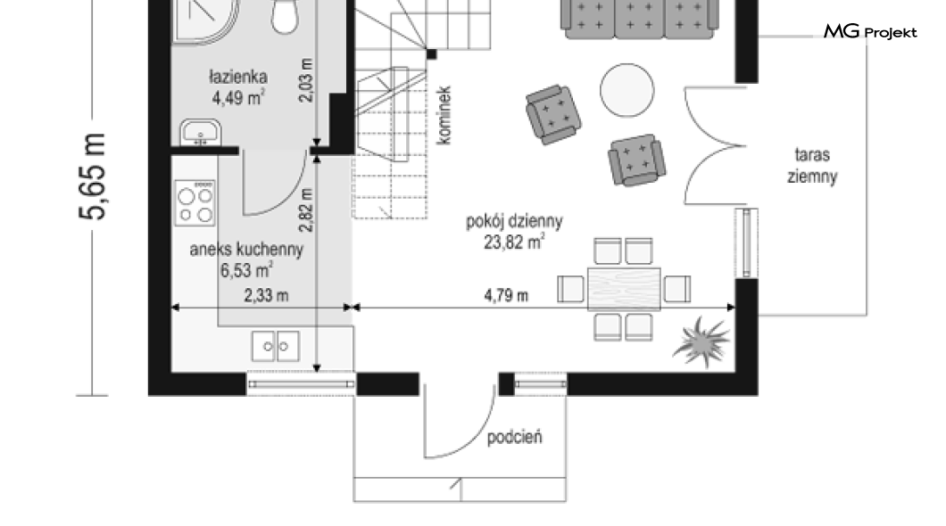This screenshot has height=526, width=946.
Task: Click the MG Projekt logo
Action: (x=870, y=31)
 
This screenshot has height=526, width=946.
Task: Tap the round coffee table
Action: (x=627, y=90)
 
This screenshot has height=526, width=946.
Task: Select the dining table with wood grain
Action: (x=624, y=289)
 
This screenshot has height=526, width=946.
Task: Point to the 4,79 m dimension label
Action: (x=506, y=295)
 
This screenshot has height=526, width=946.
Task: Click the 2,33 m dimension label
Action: (x=266, y=295)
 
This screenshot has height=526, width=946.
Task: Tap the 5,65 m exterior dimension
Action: (x=93, y=176)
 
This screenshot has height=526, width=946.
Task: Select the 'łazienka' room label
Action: (x=237, y=77)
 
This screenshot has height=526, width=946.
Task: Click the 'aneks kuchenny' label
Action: (x=246, y=250)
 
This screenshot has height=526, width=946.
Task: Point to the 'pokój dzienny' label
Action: (x=514, y=222)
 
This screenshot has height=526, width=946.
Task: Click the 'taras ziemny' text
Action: (x=812, y=165)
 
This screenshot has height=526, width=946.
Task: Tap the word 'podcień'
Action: (x=514, y=436)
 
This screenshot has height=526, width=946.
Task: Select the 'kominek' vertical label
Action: (x=444, y=115)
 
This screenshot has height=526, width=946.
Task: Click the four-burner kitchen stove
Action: (x=195, y=203)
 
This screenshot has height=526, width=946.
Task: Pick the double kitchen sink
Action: (x=275, y=346)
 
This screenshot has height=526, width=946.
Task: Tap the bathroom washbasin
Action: (x=200, y=133)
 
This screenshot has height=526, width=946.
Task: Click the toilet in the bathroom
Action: (x=285, y=16)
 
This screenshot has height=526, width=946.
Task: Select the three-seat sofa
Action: (x=640, y=19)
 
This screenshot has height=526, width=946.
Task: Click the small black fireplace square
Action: (x=431, y=54)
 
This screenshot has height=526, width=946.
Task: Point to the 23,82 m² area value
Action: (x=514, y=242)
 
